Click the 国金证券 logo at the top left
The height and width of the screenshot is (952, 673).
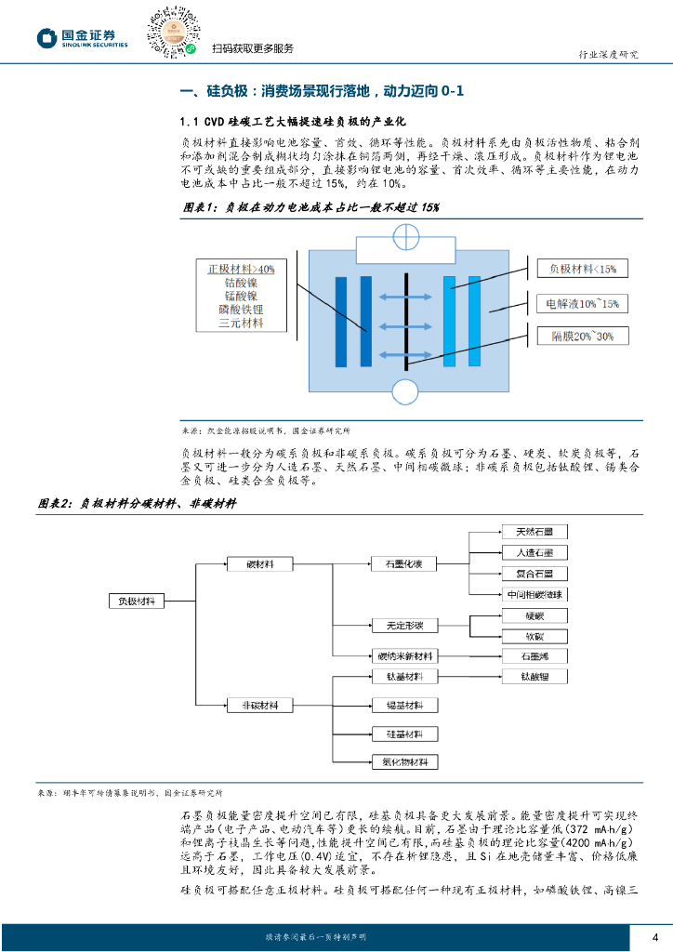coord(83,37)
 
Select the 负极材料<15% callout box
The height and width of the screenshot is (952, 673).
coord(583,269)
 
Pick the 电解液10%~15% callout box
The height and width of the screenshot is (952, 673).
coord(582,303)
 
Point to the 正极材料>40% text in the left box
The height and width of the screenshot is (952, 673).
coord(241,269)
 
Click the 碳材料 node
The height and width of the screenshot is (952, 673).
coord(260,563)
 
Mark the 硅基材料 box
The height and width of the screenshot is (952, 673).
coord(403,734)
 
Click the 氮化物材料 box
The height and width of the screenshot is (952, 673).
coord(403,762)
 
